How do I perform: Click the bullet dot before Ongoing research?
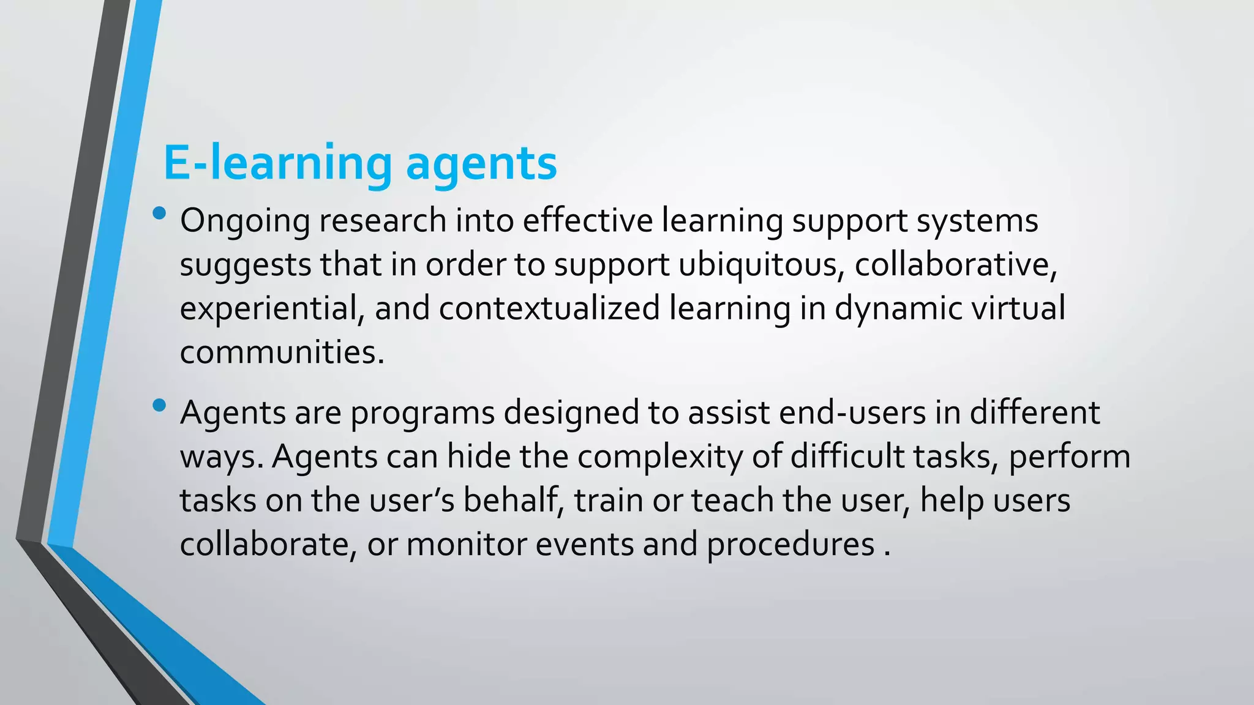coord(160,214)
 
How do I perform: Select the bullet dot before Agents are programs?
coord(160,405)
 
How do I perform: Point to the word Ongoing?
coord(245,222)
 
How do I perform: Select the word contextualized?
coord(549,308)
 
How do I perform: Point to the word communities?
coord(282,352)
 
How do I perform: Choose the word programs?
coord(422,414)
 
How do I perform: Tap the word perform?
coord(1069,458)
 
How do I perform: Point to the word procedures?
coord(790,545)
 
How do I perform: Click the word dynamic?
coord(899,309)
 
